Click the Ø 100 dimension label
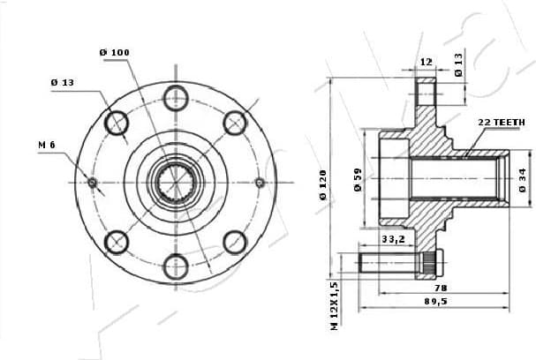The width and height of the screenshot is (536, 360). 115,53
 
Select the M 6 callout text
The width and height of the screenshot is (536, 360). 47,144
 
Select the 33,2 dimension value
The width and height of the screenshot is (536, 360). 394,238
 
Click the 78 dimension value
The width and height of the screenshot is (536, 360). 439,288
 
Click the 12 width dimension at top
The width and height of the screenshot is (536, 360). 427,62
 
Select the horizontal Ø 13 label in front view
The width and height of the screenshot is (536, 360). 62,82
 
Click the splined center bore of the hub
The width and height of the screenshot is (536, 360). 175,182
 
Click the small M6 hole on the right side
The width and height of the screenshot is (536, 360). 260,183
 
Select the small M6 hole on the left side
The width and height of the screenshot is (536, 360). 93,183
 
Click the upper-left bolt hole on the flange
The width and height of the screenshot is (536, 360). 117,123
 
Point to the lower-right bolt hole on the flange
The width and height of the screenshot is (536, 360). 235,242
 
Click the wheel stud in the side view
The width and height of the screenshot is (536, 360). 393,261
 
